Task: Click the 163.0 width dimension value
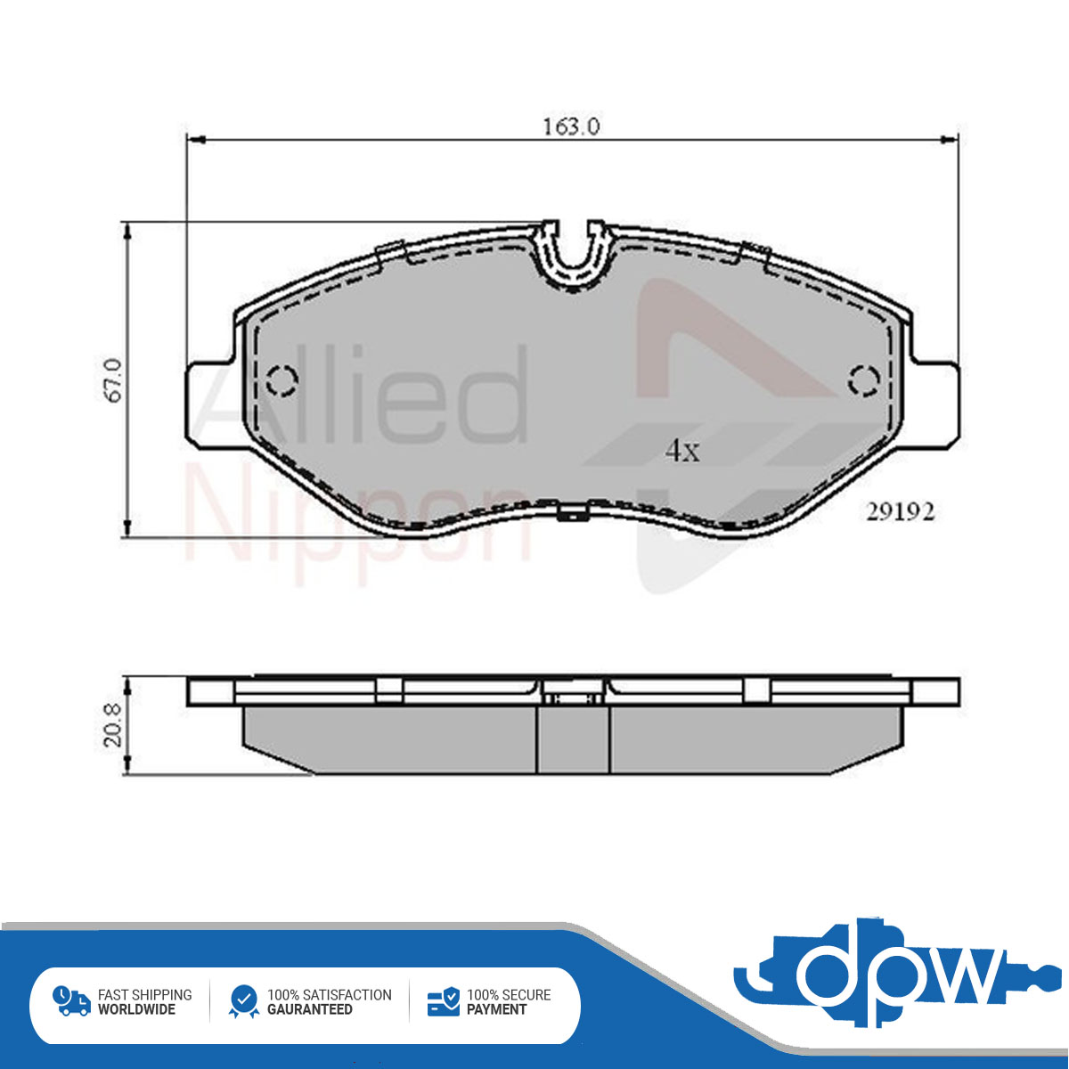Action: [x=571, y=127]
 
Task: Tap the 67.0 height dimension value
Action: [x=113, y=380]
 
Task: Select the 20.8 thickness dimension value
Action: [x=113, y=726]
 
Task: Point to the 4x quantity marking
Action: [x=682, y=451]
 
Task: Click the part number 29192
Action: [x=901, y=511]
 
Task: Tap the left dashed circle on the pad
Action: [x=282, y=380]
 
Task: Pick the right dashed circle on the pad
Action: [x=864, y=380]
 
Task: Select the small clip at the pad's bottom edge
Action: [x=573, y=513]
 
